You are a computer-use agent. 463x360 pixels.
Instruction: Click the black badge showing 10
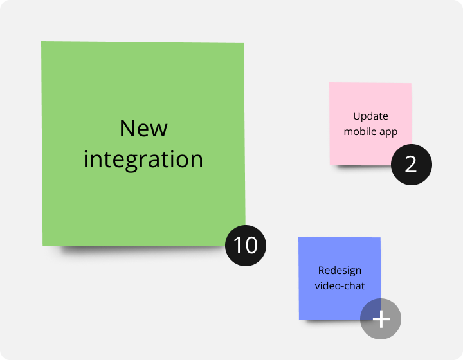245,245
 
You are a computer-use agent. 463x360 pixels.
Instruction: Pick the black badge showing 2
411,165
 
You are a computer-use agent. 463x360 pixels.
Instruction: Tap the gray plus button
381,319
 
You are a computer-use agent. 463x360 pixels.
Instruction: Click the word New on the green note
143,129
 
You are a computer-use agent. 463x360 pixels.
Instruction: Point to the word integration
143,159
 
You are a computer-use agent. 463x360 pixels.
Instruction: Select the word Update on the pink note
370,116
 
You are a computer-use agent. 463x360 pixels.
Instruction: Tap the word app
388,132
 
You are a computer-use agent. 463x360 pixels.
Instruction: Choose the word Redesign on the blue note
340,270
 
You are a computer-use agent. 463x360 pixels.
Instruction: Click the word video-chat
340,285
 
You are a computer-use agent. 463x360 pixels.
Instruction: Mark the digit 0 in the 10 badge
250,245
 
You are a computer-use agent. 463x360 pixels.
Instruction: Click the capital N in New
127,129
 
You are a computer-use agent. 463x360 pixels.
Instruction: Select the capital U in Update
356,116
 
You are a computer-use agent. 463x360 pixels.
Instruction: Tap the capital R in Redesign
322,270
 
